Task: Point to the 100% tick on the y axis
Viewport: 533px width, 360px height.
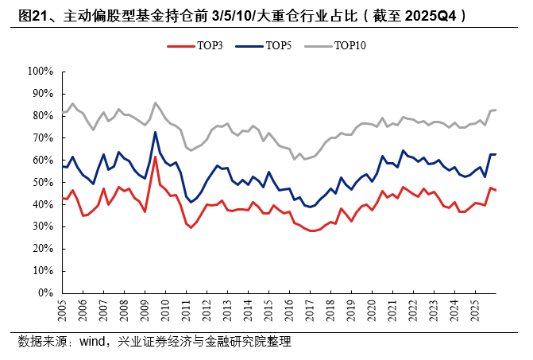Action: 38,72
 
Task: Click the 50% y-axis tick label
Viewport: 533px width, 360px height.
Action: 41,182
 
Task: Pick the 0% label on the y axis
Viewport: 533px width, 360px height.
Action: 44,293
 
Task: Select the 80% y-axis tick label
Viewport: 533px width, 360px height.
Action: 41,116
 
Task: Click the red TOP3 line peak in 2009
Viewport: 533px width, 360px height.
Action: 155,157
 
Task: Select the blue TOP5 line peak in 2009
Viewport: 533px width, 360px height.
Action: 155,132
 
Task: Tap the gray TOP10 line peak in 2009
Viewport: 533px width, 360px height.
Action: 155,103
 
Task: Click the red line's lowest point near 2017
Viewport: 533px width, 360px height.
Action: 315,230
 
